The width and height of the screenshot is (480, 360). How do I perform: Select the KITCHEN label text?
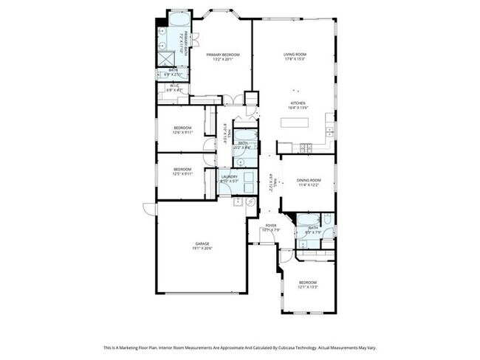pyautogui.click(x=298, y=103)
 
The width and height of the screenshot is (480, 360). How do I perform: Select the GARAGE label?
pyautogui.click(x=203, y=243)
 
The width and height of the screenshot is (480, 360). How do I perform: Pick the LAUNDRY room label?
pyautogui.click(x=229, y=176)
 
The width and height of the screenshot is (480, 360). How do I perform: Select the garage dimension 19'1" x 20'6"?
pyautogui.click(x=203, y=248)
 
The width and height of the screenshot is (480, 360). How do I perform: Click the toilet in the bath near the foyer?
pyautogui.click(x=303, y=240)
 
